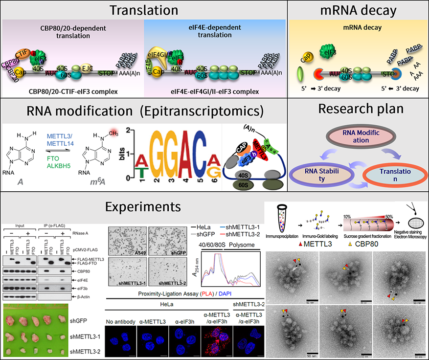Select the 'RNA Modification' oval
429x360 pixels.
click(x=359, y=136)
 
